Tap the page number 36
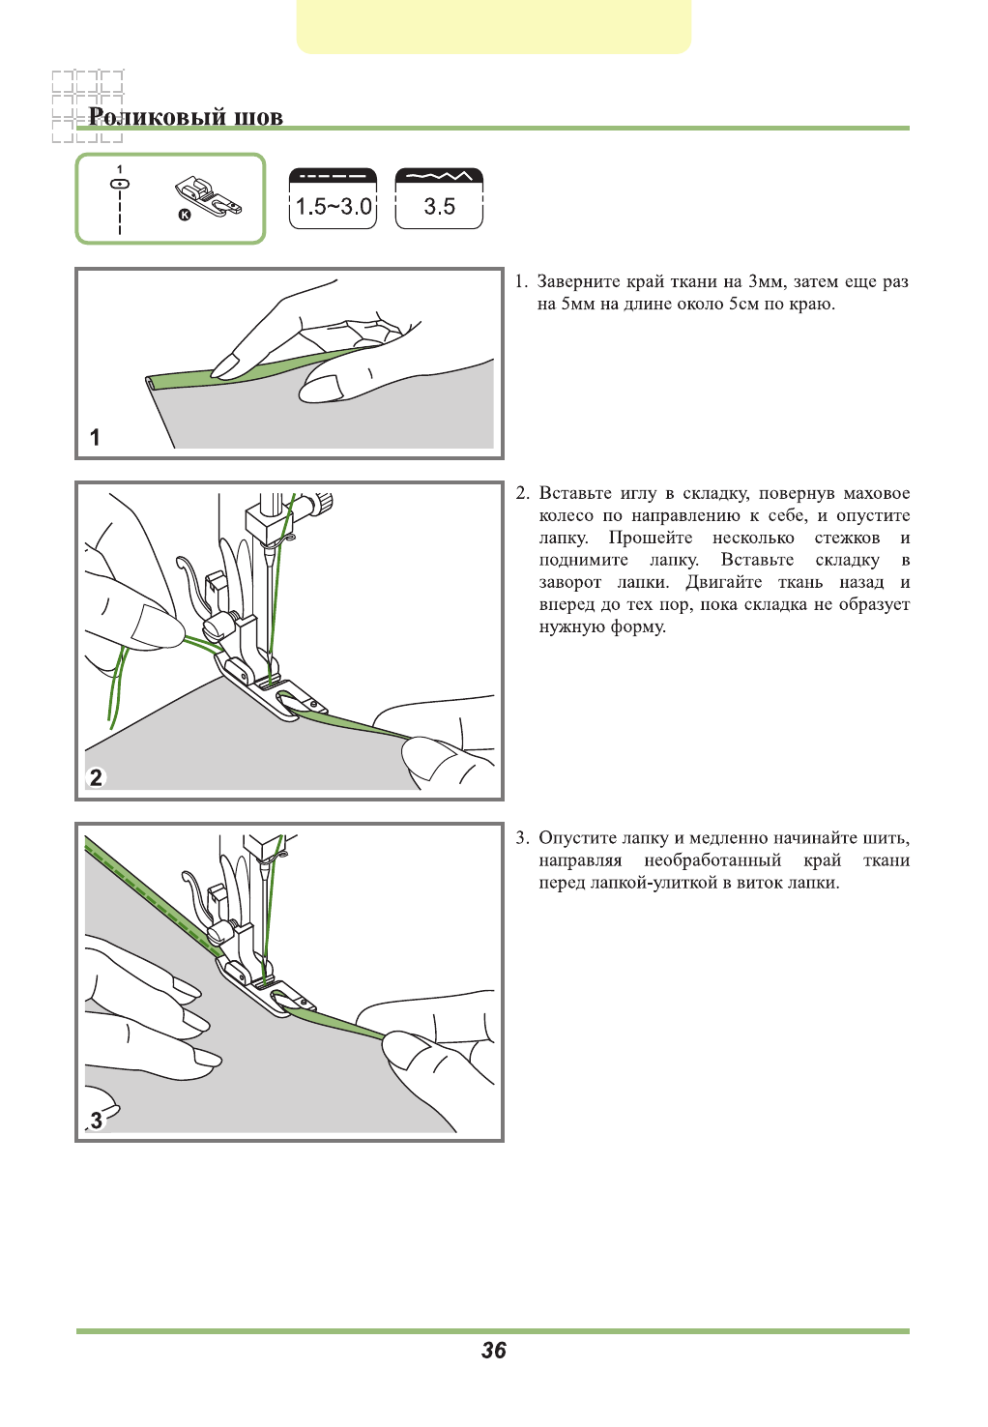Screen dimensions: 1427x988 pos(494,1351)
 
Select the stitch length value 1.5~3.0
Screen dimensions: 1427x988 pos(334,206)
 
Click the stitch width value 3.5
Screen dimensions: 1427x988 pos(439,206)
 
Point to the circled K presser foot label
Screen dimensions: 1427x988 pos(185,215)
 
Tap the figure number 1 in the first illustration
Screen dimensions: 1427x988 pos(95,437)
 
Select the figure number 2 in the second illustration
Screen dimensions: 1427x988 pos(96,777)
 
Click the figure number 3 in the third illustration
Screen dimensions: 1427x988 pos(96,1121)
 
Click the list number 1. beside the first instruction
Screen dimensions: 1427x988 pos(520,281)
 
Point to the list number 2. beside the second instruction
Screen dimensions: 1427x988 pos(522,493)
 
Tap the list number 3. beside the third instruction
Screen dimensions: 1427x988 pos(522,837)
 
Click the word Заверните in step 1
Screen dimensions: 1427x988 pos(578,281)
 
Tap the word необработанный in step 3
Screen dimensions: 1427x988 pos(712,860)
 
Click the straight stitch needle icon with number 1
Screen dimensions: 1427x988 pos(120,184)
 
